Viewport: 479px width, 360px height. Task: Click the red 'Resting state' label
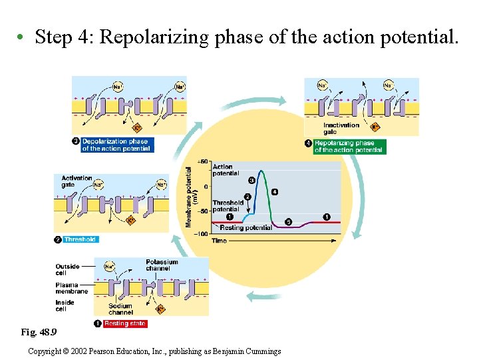[125, 323]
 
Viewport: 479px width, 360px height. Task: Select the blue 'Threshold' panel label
[80, 239]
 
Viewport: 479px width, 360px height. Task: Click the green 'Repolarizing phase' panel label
[349, 147]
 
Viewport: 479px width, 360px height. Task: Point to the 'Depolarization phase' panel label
[115, 145]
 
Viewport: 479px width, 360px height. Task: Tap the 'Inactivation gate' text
[341, 128]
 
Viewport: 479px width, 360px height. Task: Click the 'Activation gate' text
[77, 181]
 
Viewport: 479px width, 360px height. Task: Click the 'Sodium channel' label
[120, 309]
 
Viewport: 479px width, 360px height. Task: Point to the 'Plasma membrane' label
[71, 288]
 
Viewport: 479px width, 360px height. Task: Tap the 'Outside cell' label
[67, 269]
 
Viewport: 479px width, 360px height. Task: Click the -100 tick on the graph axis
[200, 234]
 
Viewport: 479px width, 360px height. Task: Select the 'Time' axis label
[219, 241]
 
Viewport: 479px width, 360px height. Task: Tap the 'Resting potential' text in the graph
[245, 227]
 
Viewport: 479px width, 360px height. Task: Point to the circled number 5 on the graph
[288, 221]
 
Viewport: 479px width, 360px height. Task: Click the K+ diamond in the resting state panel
[160, 309]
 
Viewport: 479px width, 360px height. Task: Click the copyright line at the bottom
[154, 351]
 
